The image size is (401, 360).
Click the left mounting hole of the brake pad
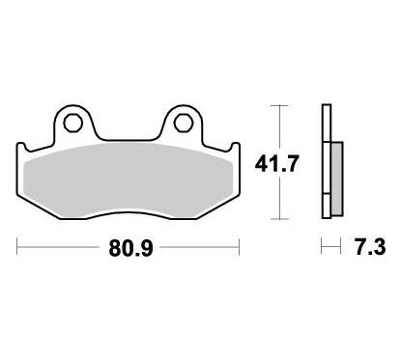[72, 123]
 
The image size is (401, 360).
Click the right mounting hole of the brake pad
[184, 123]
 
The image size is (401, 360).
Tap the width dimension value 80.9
[130, 248]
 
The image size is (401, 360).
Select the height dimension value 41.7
[276, 163]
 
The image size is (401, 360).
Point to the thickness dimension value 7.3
[370, 247]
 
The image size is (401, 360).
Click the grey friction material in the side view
[336, 179]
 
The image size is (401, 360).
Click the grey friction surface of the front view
[129, 180]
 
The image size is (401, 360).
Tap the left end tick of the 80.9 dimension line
[17, 247]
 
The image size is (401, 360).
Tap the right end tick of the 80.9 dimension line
[239, 247]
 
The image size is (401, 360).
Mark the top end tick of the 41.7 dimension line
[279, 105]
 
